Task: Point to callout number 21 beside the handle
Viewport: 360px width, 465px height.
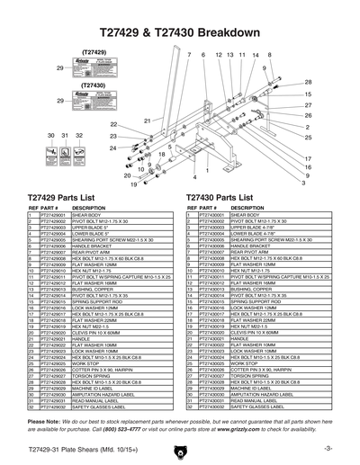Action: click(147, 120)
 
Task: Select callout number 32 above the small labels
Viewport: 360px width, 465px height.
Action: click(79, 135)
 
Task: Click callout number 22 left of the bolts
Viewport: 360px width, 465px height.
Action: click(114, 124)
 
